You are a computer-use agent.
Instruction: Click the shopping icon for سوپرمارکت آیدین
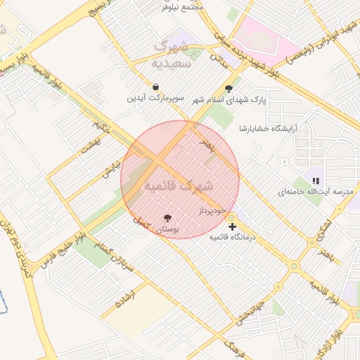155,87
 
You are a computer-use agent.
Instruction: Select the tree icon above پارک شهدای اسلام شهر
229,89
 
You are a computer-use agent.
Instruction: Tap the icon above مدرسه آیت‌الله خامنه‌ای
315,181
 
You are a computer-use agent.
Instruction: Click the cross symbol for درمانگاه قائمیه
232,226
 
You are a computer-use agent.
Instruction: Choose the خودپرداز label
211,210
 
